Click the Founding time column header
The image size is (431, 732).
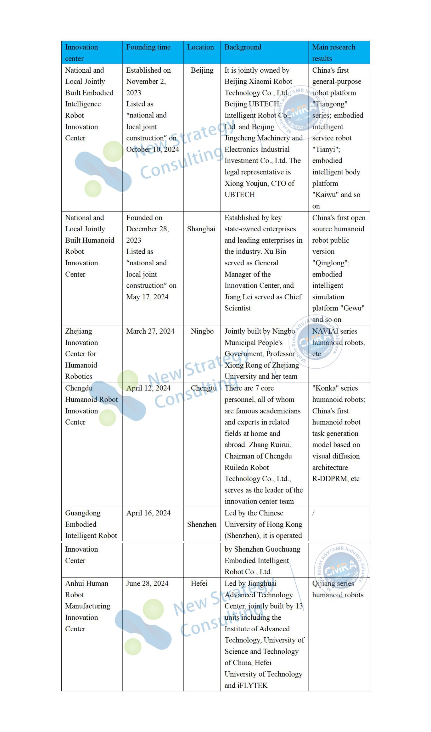148,47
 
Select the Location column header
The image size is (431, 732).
200,47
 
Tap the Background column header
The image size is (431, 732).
243,47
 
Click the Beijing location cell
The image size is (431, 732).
202,70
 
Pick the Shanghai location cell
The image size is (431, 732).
201,229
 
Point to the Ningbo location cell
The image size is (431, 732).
202,331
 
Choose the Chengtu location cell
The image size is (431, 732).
204,388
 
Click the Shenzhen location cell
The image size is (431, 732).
202,524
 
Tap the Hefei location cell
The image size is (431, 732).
199,583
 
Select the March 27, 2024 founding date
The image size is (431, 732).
150,331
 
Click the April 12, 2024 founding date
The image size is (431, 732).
148,388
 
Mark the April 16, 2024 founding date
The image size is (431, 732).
148,513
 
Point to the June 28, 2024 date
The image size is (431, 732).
147,583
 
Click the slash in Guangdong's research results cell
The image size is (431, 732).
313,513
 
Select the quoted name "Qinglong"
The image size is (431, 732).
330,263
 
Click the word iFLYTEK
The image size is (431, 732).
252,685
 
